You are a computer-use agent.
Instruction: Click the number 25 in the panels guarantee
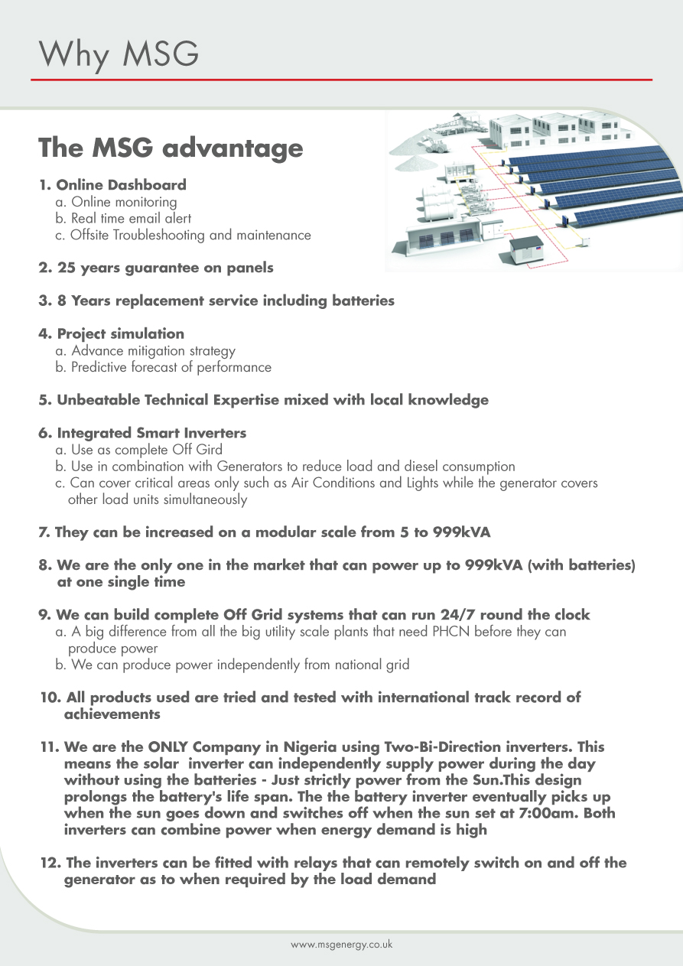(67, 268)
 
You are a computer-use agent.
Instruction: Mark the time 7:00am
(524, 813)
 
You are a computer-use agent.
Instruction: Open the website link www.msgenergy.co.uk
(341, 945)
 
